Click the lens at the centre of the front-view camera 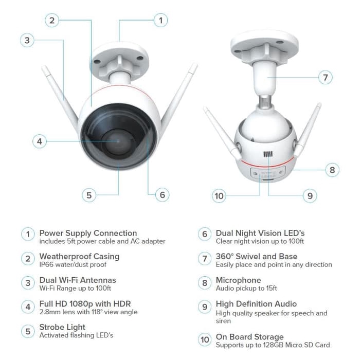(117, 141)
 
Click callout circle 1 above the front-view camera (160, 20)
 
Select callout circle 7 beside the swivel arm (325, 78)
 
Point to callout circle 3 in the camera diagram (27, 40)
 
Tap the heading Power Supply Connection (88, 233)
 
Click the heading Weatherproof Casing (79, 256)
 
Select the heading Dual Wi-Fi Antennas (78, 280)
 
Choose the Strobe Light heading (62, 327)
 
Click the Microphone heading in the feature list (238, 280)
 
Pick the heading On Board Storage (249, 337)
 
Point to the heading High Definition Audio (256, 303)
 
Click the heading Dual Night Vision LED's (260, 233)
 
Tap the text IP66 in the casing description (47, 265)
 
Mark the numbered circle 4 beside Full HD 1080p (27, 308)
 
